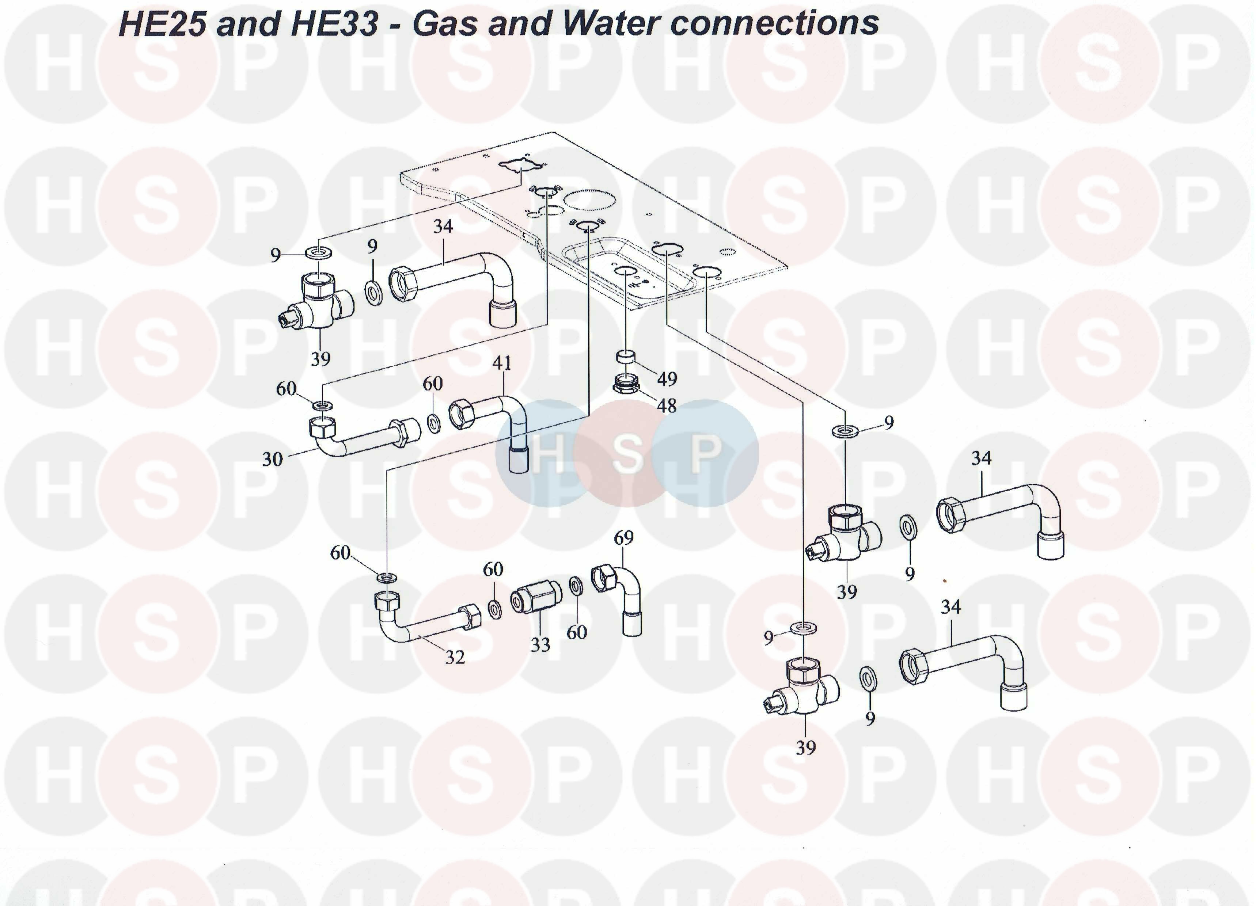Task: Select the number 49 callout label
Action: click(667, 379)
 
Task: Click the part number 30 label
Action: click(272, 459)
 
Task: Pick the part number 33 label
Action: click(540, 644)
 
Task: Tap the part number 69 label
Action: click(623, 538)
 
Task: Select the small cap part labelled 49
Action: click(626, 355)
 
